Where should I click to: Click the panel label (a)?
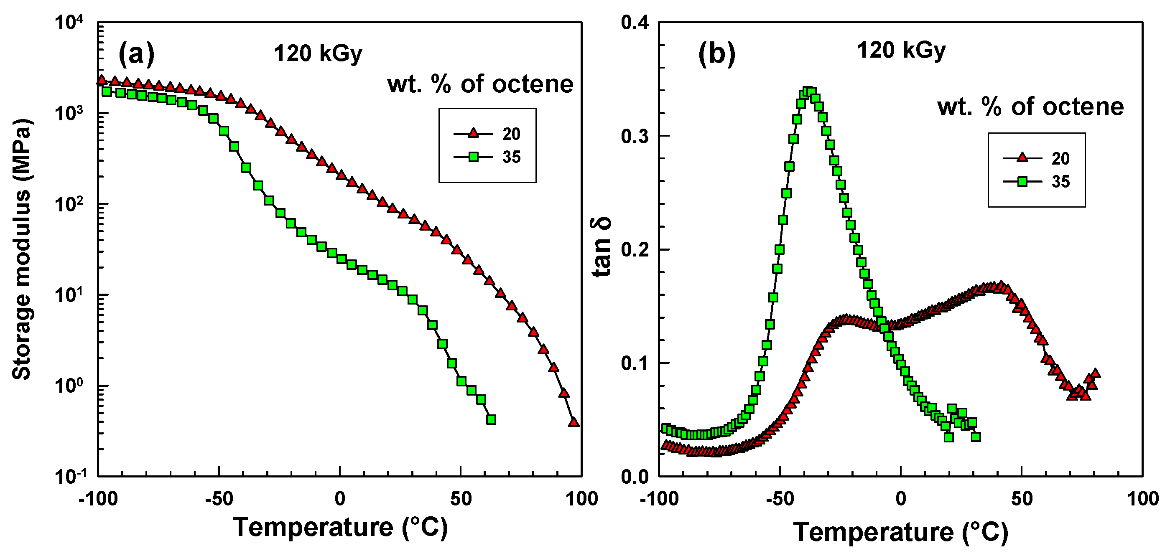(136, 54)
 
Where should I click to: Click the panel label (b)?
(716, 54)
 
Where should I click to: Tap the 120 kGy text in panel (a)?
(318, 54)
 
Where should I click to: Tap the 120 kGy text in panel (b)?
(901, 50)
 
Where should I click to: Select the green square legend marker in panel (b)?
(1022, 182)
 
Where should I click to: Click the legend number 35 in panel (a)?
(511, 157)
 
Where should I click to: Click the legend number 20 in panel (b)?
(1060, 158)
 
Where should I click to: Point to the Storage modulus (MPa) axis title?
(21, 250)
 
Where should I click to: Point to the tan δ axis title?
(602, 247)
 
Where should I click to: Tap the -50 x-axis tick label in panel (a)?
(219, 499)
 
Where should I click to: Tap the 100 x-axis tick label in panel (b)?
(1142, 499)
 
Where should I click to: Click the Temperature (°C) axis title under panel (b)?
(901, 532)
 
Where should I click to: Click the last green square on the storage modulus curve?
(491, 420)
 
